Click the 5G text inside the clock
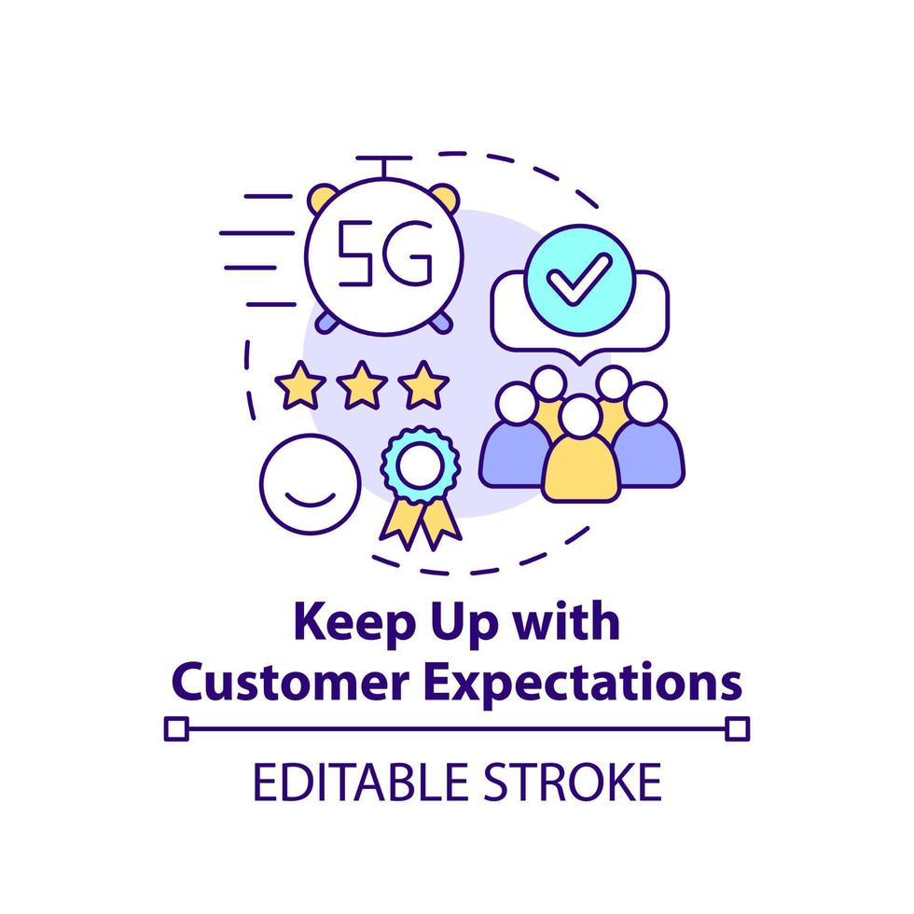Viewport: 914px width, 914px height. (x=384, y=253)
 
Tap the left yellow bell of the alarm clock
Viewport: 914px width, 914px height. (x=325, y=199)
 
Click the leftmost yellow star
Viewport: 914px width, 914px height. (x=300, y=385)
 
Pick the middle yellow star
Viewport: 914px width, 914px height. (x=362, y=385)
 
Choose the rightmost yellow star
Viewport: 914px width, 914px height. (x=424, y=385)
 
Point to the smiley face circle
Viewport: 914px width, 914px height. (x=310, y=480)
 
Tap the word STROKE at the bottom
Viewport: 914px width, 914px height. (x=579, y=782)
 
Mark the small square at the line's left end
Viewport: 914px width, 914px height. (x=175, y=727)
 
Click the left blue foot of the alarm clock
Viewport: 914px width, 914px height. (x=325, y=321)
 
